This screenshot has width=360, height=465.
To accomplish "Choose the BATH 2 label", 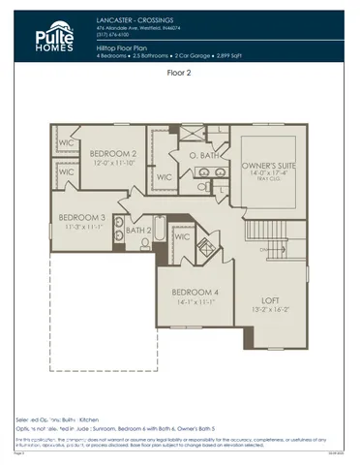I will click(138, 231).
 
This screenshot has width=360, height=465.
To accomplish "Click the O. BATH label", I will click(201, 154).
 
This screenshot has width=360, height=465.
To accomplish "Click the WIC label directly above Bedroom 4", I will click(182, 235).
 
